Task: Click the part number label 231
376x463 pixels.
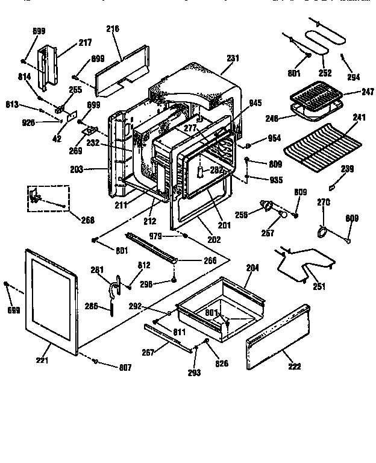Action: pyautogui.click(x=233, y=58)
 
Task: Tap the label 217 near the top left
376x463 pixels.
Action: pyautogui.click(x=85, y=43)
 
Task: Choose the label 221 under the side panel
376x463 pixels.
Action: pyautogui.click(x=42, y=361)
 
